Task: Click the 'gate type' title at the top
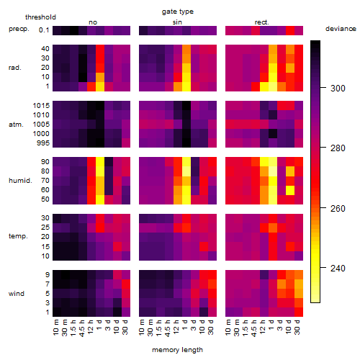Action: coord(178,12)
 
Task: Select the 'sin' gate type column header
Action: coord(177,22)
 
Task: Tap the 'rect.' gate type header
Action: coord(262,22)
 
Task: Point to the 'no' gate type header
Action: coord(93,22)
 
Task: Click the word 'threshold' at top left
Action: coord(40,17)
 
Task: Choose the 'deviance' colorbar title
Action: coord(341,29)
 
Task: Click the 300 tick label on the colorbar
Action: coord(338,89)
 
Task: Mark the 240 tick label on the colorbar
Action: coord(338,268)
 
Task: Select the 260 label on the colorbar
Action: coord(338,208)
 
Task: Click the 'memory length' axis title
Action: coord(177,350)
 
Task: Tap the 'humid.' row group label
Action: coord(20,181)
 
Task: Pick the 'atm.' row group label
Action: coord(16,125)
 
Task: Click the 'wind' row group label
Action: coord(17,294)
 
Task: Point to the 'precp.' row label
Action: coord(19,29)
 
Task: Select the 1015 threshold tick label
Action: coord(41,105)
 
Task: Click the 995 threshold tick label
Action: coord(43,143)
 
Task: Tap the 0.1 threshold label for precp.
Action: coord(44,30)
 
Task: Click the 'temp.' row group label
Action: coord(18,236)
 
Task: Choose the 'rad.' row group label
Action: coord(15,68)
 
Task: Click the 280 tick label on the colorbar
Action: coord(338,148)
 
